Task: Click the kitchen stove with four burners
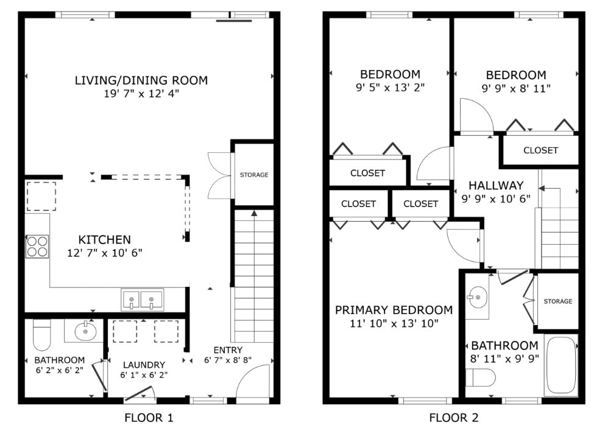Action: [37, 247]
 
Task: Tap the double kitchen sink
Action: [142, 300]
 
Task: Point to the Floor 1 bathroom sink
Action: [85, 331]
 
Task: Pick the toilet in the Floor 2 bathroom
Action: [480, 377]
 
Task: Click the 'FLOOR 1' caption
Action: [149, 418]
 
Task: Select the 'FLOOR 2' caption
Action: [454, 418]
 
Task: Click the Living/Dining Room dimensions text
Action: [141, 94]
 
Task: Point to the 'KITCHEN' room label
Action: [105, 240]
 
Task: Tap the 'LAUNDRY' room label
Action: [144, 365]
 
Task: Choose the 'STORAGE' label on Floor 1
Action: [254, 175]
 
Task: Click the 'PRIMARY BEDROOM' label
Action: [394, 310]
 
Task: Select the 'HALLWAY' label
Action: [496, 186]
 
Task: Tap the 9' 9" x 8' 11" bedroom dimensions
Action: [516, 89]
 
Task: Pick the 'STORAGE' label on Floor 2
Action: [558, 301]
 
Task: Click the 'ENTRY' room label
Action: [228, 350]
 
